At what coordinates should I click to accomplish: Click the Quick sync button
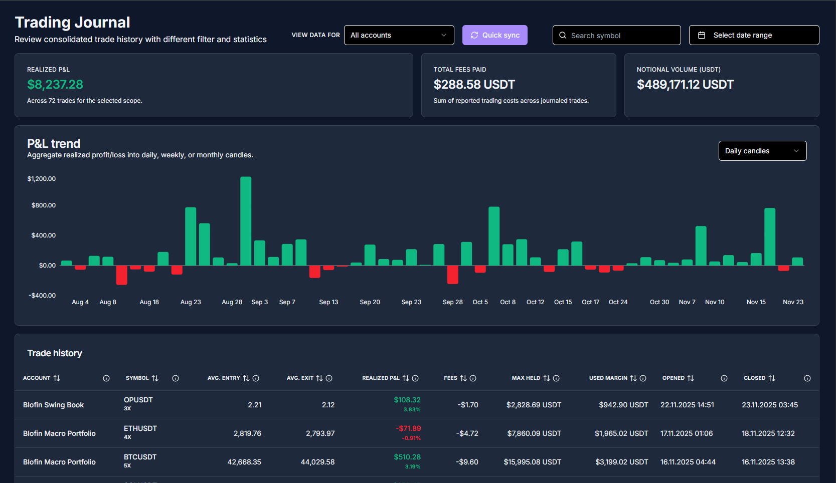(494, 35)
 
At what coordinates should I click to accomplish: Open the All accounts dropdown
(399, 35)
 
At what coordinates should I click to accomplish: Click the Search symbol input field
(622, 36)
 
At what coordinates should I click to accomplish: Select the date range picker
(754, 35)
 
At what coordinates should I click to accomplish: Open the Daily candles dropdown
(762, 151)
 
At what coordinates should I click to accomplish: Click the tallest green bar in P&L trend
(246, 220)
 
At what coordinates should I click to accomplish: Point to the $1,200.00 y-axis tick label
(42, 179)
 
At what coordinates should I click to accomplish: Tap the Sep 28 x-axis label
(452, 302)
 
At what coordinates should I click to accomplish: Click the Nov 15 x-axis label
(756, 302)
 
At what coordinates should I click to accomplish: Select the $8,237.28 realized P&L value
(55, 85)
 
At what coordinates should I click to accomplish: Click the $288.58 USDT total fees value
(474, 85)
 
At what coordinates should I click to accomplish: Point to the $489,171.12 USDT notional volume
(685, 85)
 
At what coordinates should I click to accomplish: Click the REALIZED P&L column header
(381, 378)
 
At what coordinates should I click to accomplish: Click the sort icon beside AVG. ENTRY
(246, 378)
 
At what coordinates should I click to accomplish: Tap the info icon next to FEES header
(473, 378)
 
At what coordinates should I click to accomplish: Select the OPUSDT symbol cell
(138, 400)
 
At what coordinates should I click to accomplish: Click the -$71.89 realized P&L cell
(409, 428)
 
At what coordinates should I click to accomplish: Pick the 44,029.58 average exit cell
(317, 462)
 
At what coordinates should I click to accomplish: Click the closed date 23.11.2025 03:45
(769, 405)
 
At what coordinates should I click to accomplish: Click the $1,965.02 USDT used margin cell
(621, 433)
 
